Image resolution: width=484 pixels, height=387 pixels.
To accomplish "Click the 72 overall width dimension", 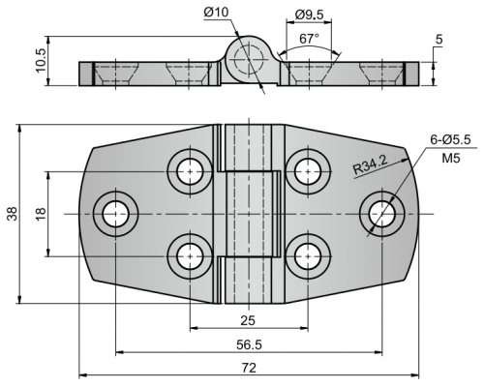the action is point(249,368).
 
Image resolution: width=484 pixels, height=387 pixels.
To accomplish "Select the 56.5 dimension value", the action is point(249,344).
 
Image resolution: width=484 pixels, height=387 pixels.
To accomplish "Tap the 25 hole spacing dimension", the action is point(248,320).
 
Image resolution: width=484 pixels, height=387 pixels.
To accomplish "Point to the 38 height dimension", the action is point(13,214).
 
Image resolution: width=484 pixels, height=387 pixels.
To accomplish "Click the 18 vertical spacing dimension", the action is point(41,214).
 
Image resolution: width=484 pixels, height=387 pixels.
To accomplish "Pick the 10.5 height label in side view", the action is point(41,61).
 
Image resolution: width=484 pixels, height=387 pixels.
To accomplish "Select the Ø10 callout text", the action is point(216,13).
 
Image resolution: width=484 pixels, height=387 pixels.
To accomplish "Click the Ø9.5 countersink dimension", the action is point(309,15).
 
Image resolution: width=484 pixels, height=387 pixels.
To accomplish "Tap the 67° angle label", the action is point(309,39).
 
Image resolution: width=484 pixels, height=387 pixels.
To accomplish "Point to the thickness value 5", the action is point(439,40).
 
